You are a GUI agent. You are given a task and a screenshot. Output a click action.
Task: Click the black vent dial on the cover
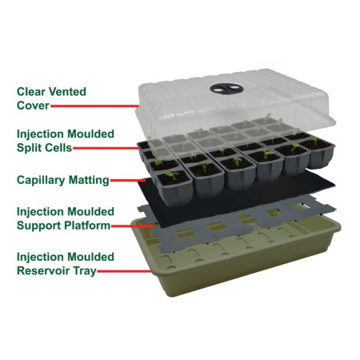pos(226,89)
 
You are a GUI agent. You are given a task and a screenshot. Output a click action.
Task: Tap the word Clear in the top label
pos(31,92)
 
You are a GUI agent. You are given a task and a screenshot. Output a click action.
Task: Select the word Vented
pos(68,92)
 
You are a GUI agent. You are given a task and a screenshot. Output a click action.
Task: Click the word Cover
pos(33,106)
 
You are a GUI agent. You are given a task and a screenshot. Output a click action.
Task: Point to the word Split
pos(29,148)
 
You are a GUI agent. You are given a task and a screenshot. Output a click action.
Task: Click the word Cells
pos(58,148)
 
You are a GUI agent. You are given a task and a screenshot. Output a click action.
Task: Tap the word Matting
pos(89,180)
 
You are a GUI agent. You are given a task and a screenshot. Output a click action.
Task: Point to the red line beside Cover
pos(94,106)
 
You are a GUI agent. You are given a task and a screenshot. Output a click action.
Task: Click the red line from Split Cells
pos(106,148)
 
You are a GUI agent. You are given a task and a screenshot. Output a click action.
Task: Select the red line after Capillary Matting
pos(128,181)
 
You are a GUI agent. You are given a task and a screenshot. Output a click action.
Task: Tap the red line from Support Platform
pos(133,226)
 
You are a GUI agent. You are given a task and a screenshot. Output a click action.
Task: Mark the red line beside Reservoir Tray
pos(124,271)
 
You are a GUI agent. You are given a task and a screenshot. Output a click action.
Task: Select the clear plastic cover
pos(234,106)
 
